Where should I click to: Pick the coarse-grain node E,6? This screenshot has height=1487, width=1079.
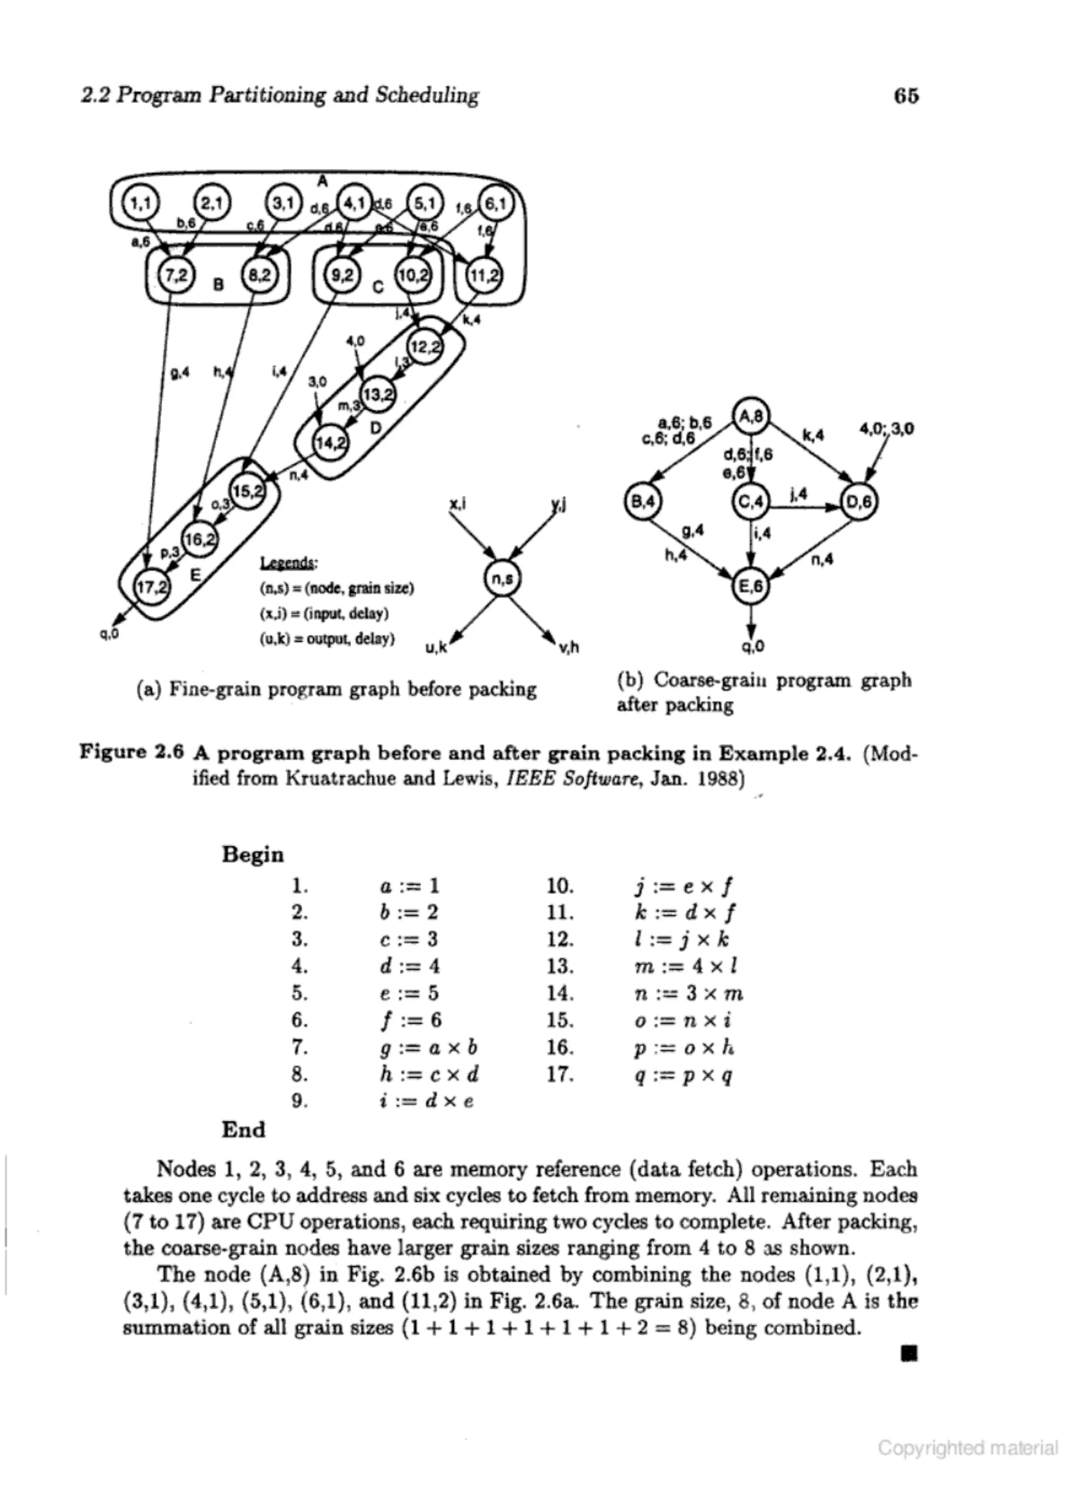click(x=751, y=586)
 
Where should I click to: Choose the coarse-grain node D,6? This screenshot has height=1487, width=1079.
click(x=858, y=502)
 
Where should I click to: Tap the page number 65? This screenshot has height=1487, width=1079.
click(x=906, y=96)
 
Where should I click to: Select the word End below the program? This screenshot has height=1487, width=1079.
click(x=243, y=1130)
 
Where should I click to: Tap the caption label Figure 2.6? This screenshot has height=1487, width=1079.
click(x=131, y=752)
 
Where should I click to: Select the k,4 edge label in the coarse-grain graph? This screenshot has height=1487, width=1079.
click(x=813, y=435)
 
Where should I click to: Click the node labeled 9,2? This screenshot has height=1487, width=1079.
click(x=342, y=276)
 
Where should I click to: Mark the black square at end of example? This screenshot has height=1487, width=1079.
click(x=909, y=1353)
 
